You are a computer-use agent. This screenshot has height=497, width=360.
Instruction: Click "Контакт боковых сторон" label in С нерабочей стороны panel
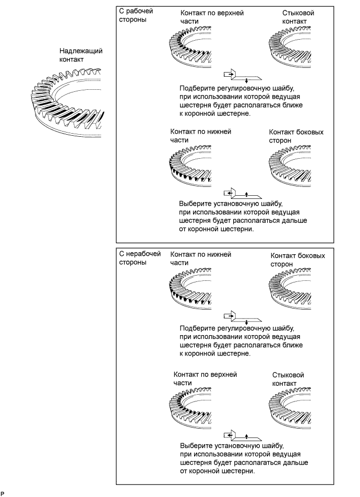(298, 260)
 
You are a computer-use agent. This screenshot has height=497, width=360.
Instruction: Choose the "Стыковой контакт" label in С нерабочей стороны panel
(288, 379)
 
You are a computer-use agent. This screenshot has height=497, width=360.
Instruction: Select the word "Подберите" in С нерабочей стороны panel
(197, 328)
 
